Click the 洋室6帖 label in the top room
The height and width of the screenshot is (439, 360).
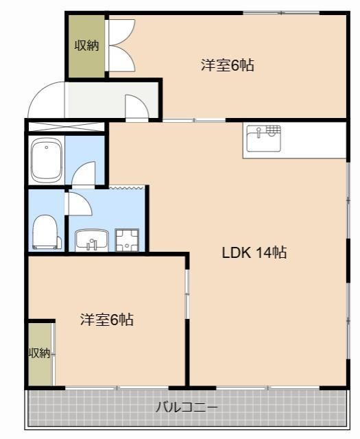228,66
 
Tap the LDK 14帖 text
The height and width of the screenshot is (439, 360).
254,252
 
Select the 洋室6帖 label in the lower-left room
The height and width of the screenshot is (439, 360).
106,320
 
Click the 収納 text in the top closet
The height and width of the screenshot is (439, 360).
86,46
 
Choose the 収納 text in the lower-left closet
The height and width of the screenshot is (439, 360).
39,353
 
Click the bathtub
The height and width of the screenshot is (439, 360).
46,162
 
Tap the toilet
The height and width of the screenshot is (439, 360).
45,231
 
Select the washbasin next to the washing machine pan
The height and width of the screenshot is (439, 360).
91,240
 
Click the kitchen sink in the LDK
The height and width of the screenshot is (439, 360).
263,139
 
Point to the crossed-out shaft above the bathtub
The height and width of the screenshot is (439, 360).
66,126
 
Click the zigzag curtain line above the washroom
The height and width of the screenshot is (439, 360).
128,187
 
